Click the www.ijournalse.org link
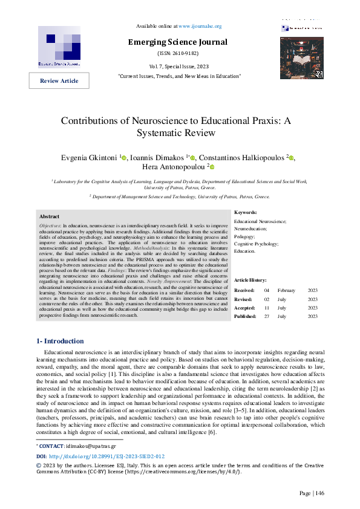[x=200, y=27]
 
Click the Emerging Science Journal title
[x=177, y=42]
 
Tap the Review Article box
[x=59, y=80]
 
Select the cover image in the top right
[x=302, y=57]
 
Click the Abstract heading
[x=50, y=216]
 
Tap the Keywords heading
[x=246, y=213]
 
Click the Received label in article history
[x=244, y=291]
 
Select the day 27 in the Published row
[x=267, y=316]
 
